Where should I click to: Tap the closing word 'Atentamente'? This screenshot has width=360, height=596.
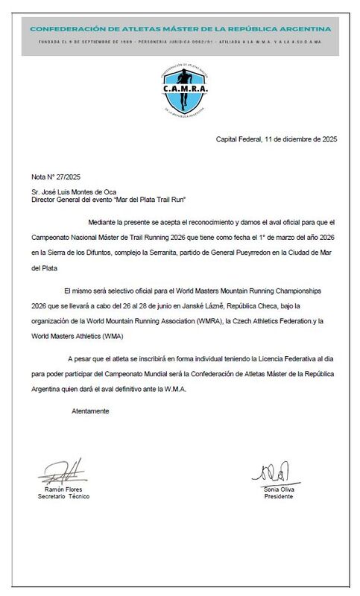[90, 410]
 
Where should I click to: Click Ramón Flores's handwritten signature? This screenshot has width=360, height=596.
[63, 471]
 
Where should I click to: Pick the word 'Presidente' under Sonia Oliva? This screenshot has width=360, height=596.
[279, 495]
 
